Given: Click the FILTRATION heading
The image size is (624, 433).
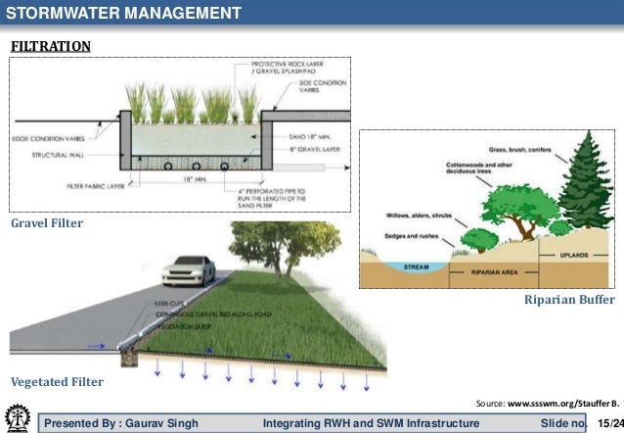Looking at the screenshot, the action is [x=51, y=46].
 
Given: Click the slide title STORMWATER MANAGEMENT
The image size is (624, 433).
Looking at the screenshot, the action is [x=123, y=13].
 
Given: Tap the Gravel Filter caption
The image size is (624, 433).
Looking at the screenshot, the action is [x=46, y=224].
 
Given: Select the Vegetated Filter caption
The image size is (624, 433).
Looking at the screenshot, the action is [x=56, y=380].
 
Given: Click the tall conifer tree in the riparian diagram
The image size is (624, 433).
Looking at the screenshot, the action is [x=584, y=186].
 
